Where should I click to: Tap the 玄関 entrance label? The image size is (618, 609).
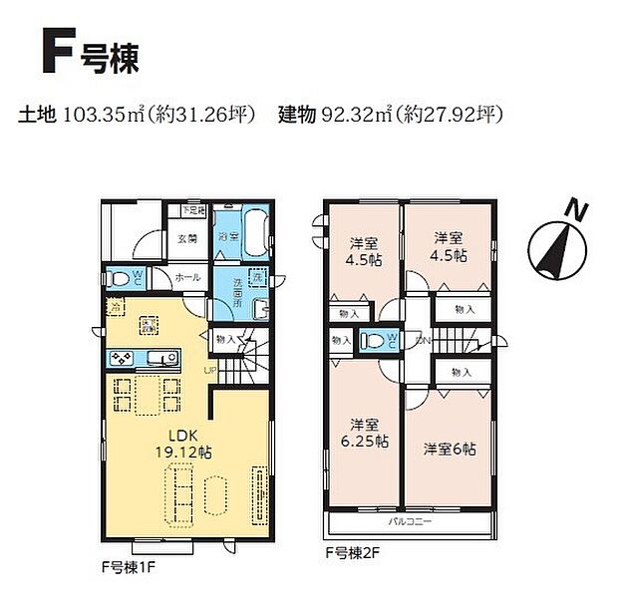pos(187,239)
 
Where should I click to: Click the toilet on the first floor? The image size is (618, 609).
pos(116,278)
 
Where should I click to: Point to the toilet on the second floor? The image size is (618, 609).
pos(375,341)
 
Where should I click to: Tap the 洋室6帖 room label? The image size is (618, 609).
pos(449,449)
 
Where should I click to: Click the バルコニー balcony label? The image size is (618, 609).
pos(409,522)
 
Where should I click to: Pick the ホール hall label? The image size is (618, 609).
pos(187,277)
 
